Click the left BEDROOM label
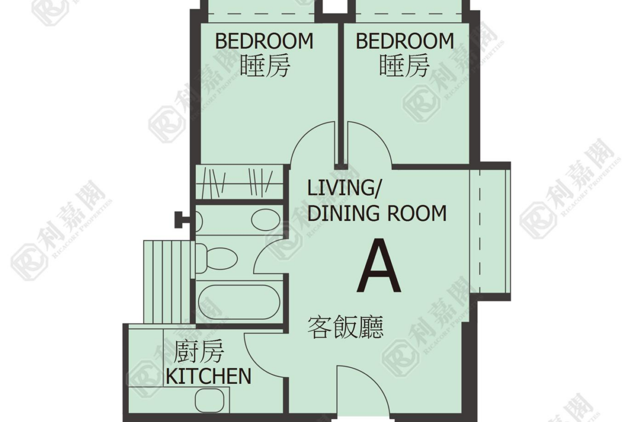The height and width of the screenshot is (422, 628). [x=264, y=41]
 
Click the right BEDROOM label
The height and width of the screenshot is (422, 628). [x=405, y=41]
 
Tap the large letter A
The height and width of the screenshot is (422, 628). [x=379, y=266]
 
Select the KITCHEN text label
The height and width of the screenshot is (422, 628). [x=209, y=376]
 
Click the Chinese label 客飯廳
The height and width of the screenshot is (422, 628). [x=345, y=327]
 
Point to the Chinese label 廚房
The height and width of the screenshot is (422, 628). [x=199, y=352]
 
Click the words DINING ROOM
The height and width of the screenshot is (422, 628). [x=377, y=213]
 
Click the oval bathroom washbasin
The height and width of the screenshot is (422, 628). [x=266, y=220]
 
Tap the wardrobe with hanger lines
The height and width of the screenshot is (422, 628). [x=239, y=182]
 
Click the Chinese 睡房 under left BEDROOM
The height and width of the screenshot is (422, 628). [x=265, y=66]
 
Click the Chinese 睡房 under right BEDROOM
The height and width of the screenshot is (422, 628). [x=405, y=66]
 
